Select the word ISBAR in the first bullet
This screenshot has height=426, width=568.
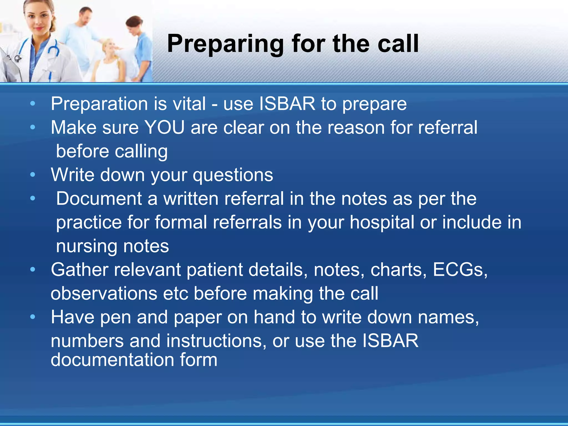[x=287, y=104]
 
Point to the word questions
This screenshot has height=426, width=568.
[x=233, y=175]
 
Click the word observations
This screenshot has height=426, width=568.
[x=104, y=294]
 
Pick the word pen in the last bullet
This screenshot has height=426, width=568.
[x=115, y=317]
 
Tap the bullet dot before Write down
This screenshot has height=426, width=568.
[x=33, y=175]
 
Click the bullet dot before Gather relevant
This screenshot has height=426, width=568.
[x=33, y=270]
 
